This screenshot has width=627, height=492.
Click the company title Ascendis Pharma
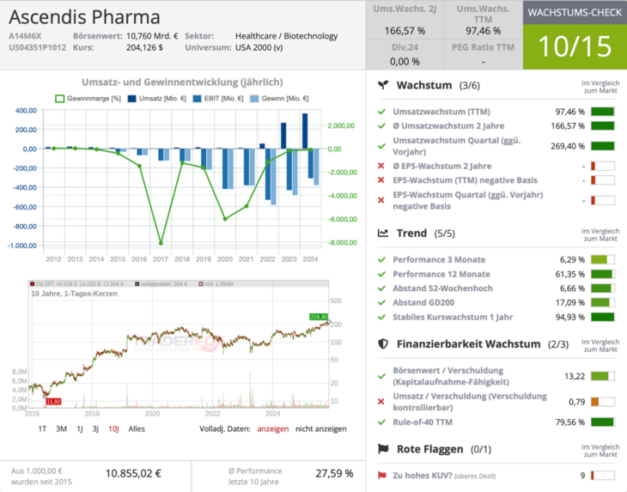[84, 16]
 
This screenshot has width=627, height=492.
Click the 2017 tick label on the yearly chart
[160, 258]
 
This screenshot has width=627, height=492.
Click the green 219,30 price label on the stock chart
[319, 317]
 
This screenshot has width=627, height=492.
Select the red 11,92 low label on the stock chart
[53, 401]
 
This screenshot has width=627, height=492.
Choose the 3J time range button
[95, 428]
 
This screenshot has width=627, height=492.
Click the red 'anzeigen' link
[273, 428]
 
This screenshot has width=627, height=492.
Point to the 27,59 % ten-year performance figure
[334, 472]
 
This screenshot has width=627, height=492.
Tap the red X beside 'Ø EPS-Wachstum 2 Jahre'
[381, 166]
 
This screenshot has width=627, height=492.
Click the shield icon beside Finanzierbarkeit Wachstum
[384, 343]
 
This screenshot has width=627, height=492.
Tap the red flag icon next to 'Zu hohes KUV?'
[381, 475]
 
